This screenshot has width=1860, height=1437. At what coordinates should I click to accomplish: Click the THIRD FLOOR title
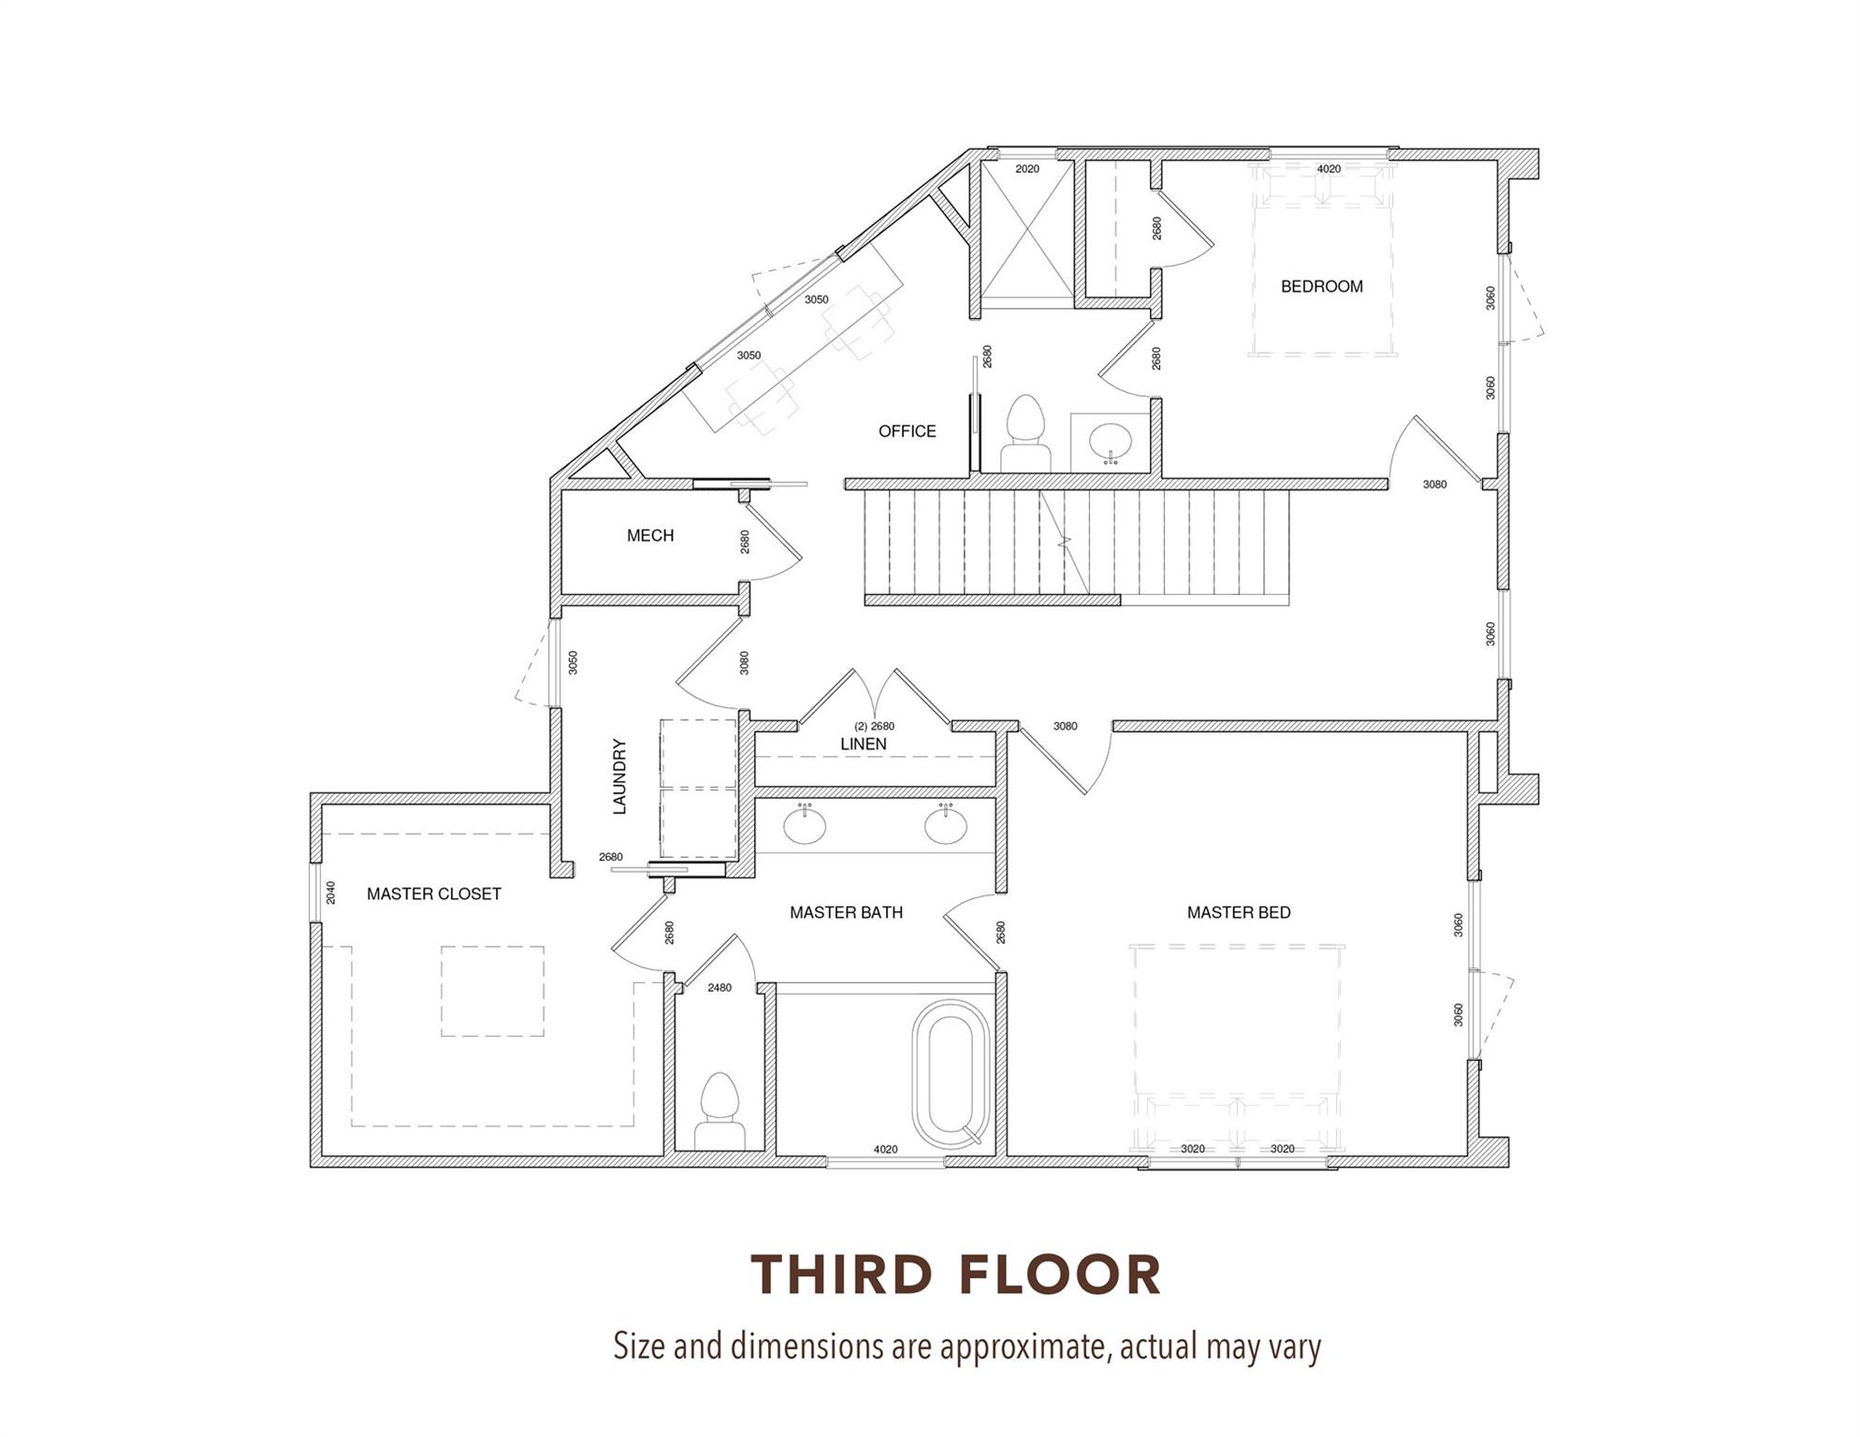tap(955, 1274)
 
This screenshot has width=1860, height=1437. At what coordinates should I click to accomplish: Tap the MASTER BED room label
tap(1238, 912)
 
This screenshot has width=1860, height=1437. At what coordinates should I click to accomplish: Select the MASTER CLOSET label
tap(433, 893)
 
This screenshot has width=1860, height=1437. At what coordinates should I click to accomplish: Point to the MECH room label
tap(650, 535)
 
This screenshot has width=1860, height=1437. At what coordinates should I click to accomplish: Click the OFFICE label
tap(907, 431)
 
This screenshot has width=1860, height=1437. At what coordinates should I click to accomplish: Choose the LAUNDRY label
tap(619, 777)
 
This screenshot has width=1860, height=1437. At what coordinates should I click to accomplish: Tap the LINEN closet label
tap(863, 744)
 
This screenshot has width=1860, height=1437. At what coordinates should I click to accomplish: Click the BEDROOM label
tap(1321, 286)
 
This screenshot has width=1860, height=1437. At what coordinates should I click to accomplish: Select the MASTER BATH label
tap(846, 912)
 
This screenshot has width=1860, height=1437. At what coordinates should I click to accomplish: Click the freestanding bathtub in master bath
tap(951, 1075)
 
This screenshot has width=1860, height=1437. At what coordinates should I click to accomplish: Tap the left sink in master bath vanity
tap(805, 825)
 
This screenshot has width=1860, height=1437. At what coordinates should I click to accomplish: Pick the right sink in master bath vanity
tap(946, 825)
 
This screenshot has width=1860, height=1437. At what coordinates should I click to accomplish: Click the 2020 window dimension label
tap(1026, 169)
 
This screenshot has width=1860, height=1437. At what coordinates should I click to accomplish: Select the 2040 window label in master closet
tap(330, 893)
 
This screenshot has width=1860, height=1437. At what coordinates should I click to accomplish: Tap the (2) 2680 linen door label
tap(874, 726)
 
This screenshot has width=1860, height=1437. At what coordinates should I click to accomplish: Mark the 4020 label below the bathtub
tap(885, 1150)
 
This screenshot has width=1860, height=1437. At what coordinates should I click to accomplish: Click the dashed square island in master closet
tap(492, 991)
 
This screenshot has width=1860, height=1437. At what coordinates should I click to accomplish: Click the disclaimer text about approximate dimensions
tap(966, 1347)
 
